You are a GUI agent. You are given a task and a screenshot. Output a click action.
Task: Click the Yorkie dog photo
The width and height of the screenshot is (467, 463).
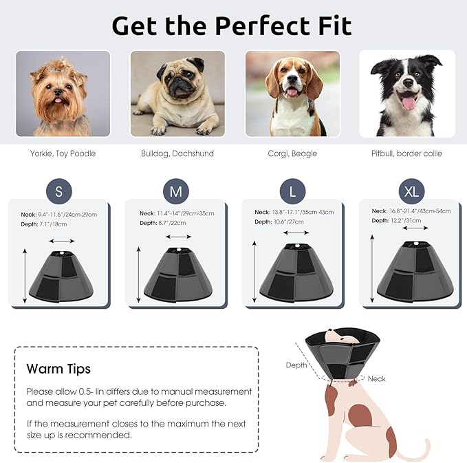(63, 94)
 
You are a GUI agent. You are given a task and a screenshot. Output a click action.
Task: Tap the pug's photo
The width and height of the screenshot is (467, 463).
(177, 94)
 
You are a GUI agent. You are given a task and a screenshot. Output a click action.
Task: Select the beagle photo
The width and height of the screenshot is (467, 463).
(292, 94)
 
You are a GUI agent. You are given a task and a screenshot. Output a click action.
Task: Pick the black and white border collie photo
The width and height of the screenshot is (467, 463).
(407, 94)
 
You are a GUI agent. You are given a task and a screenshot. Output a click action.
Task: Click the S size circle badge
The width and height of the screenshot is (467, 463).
(58, 192)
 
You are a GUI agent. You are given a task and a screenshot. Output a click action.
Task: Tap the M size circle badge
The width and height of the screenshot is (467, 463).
(175, 192)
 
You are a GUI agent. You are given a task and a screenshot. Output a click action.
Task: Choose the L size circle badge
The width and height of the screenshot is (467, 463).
(292, 192)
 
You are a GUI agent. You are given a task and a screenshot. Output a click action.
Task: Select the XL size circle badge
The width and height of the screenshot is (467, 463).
(411, 192)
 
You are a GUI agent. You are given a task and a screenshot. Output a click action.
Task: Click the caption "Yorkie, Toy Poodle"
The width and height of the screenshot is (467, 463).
(63, 153)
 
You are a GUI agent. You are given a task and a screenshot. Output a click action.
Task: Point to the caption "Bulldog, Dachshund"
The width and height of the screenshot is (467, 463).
(177, 153)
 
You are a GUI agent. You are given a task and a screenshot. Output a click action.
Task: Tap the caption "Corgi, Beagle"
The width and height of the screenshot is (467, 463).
(292, 153)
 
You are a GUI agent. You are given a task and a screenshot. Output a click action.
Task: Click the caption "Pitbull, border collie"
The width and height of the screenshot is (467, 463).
(407, 153)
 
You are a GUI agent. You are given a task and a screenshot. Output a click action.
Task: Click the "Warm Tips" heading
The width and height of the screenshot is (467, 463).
(58, 369)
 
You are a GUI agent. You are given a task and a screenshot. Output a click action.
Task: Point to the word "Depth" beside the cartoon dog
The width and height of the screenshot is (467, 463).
(296, 365)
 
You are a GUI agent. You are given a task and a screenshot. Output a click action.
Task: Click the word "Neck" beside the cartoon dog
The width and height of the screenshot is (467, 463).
(376, 378)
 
